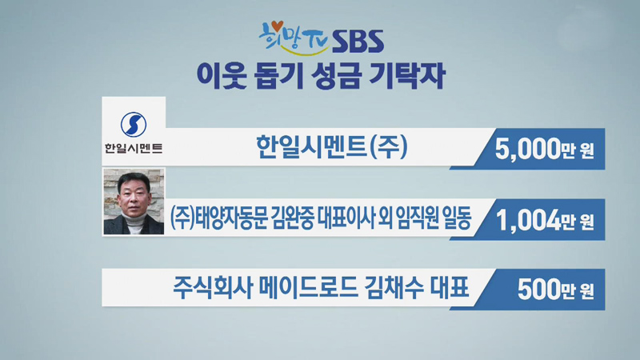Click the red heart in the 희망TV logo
[x=278, y=26]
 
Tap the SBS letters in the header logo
[x=358, y=42]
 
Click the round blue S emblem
[x=134, y=125]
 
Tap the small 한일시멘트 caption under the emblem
[x=134, y=148]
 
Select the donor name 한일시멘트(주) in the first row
[x=331, y=147]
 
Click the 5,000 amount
[x=527, y=150]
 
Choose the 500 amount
[x=538, y=290]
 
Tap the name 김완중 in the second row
[x=291, y=218]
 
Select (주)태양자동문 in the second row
[x=218, y=218]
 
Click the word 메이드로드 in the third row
[x=308, y=287]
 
